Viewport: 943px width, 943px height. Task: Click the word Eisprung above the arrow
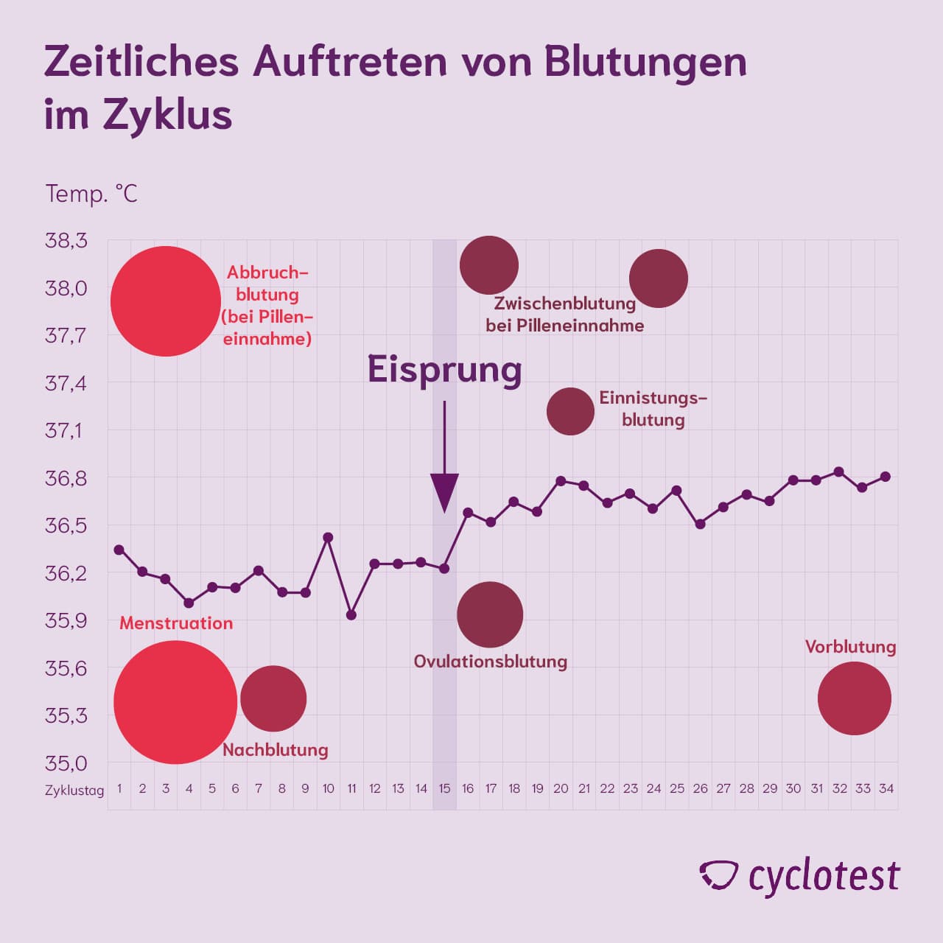point(444,369)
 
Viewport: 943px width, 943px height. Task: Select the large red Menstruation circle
point(175,702)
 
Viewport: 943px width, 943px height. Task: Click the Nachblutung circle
point(273,698)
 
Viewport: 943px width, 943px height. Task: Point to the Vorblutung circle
point(854,698)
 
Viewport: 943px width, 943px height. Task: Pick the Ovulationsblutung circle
point(490,614)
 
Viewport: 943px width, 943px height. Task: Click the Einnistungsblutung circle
point(570,411)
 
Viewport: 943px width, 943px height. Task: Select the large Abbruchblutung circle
point(166,301)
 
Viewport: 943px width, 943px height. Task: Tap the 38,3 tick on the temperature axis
point(66,240)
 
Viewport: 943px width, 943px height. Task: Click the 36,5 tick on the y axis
point(66,525)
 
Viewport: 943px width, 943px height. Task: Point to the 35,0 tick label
point(66,763)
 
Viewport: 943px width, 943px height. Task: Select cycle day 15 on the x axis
point(444,788)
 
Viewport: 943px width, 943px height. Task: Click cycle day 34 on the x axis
point(886,788)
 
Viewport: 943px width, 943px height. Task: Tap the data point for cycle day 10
point(329,537)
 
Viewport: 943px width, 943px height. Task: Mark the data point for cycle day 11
point(351,614)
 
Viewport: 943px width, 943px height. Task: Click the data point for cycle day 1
point(119,550)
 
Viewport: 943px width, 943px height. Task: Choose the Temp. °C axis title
point(91,194)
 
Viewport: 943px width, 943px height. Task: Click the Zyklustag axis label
point(74,790)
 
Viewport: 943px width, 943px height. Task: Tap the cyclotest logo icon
point(718,875)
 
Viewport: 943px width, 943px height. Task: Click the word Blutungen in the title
point(645,62)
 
